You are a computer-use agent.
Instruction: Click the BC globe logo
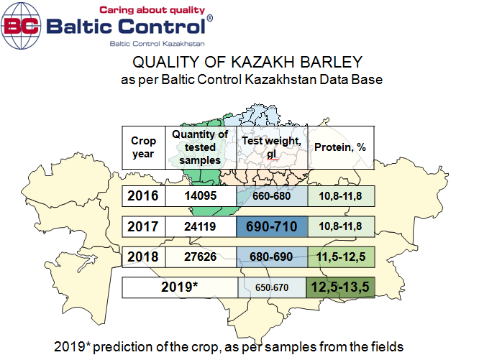[21, 26]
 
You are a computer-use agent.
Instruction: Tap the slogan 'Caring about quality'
[152, 10]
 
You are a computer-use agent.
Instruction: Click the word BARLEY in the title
[331, 62]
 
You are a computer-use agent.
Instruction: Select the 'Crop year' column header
[143, 147]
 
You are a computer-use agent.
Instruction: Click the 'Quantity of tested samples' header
[201, 147]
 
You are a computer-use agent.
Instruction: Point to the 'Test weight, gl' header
[272, 147]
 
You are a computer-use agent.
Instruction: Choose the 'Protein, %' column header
[341, 147]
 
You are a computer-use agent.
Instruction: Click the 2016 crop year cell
[143, 196]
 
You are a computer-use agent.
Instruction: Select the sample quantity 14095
[201, 196]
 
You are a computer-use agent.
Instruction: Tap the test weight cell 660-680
[272, 196]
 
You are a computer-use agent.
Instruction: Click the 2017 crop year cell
[143, 226]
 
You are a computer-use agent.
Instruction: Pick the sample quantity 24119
[201, 226]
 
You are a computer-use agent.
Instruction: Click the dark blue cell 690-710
[272, 226]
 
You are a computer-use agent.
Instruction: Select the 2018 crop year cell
[143, 257]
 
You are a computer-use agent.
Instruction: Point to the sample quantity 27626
[201, 257]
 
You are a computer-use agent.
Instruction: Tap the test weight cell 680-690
[272, 257]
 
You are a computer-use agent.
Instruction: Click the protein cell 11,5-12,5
[341, 257]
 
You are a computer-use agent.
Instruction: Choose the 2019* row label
[180, 287]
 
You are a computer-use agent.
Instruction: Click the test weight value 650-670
[272, 287]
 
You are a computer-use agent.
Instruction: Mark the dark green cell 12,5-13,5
[340, 287]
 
